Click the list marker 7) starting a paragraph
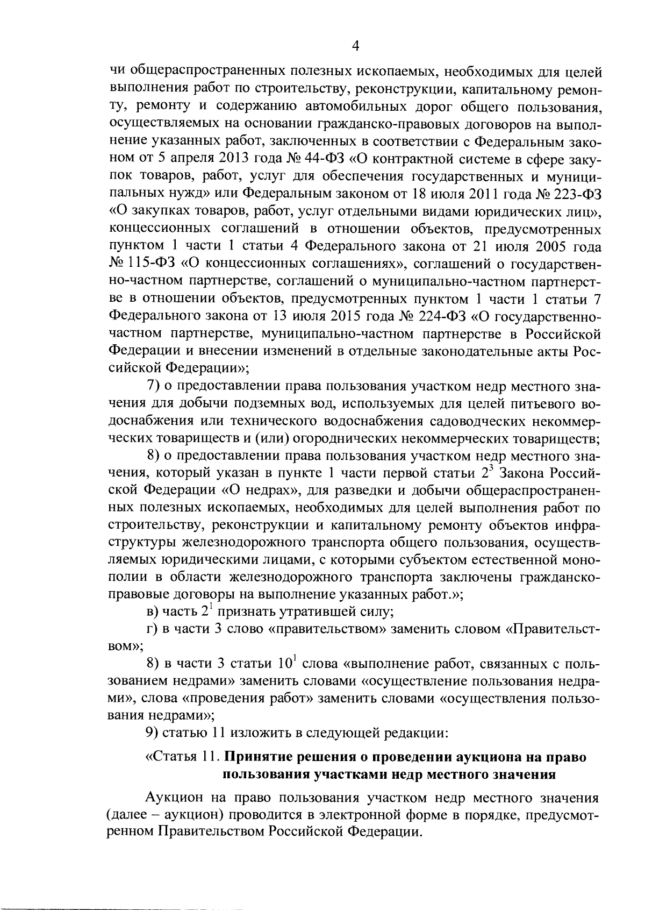coord(154,386)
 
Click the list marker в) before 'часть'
coord(152,612)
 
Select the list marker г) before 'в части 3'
coord(151,629)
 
